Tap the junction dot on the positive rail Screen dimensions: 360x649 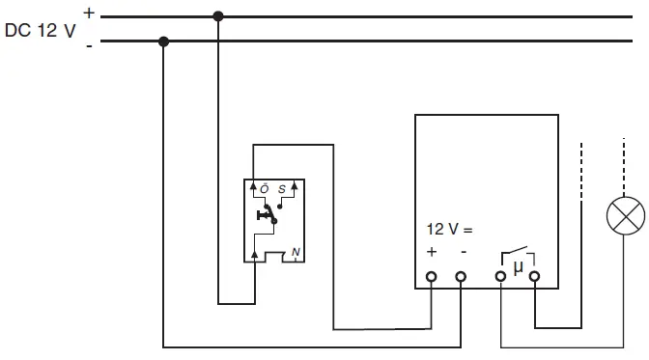pos(218,16)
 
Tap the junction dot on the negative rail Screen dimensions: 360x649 pos(163,42)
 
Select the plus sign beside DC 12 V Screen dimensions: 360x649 pos(89,13)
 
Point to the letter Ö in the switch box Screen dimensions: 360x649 pos(265,188)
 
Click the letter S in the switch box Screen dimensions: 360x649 pos(282,188)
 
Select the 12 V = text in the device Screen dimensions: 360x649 pos(450,230)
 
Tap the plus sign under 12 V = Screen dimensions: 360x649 pos(432,252)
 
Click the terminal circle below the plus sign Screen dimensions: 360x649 pos(432,277)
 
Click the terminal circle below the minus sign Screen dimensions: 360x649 pos(462,277)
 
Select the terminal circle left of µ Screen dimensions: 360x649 pos(501,277)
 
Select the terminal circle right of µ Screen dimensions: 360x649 pos(533,277)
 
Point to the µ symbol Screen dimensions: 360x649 pos(517,267)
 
